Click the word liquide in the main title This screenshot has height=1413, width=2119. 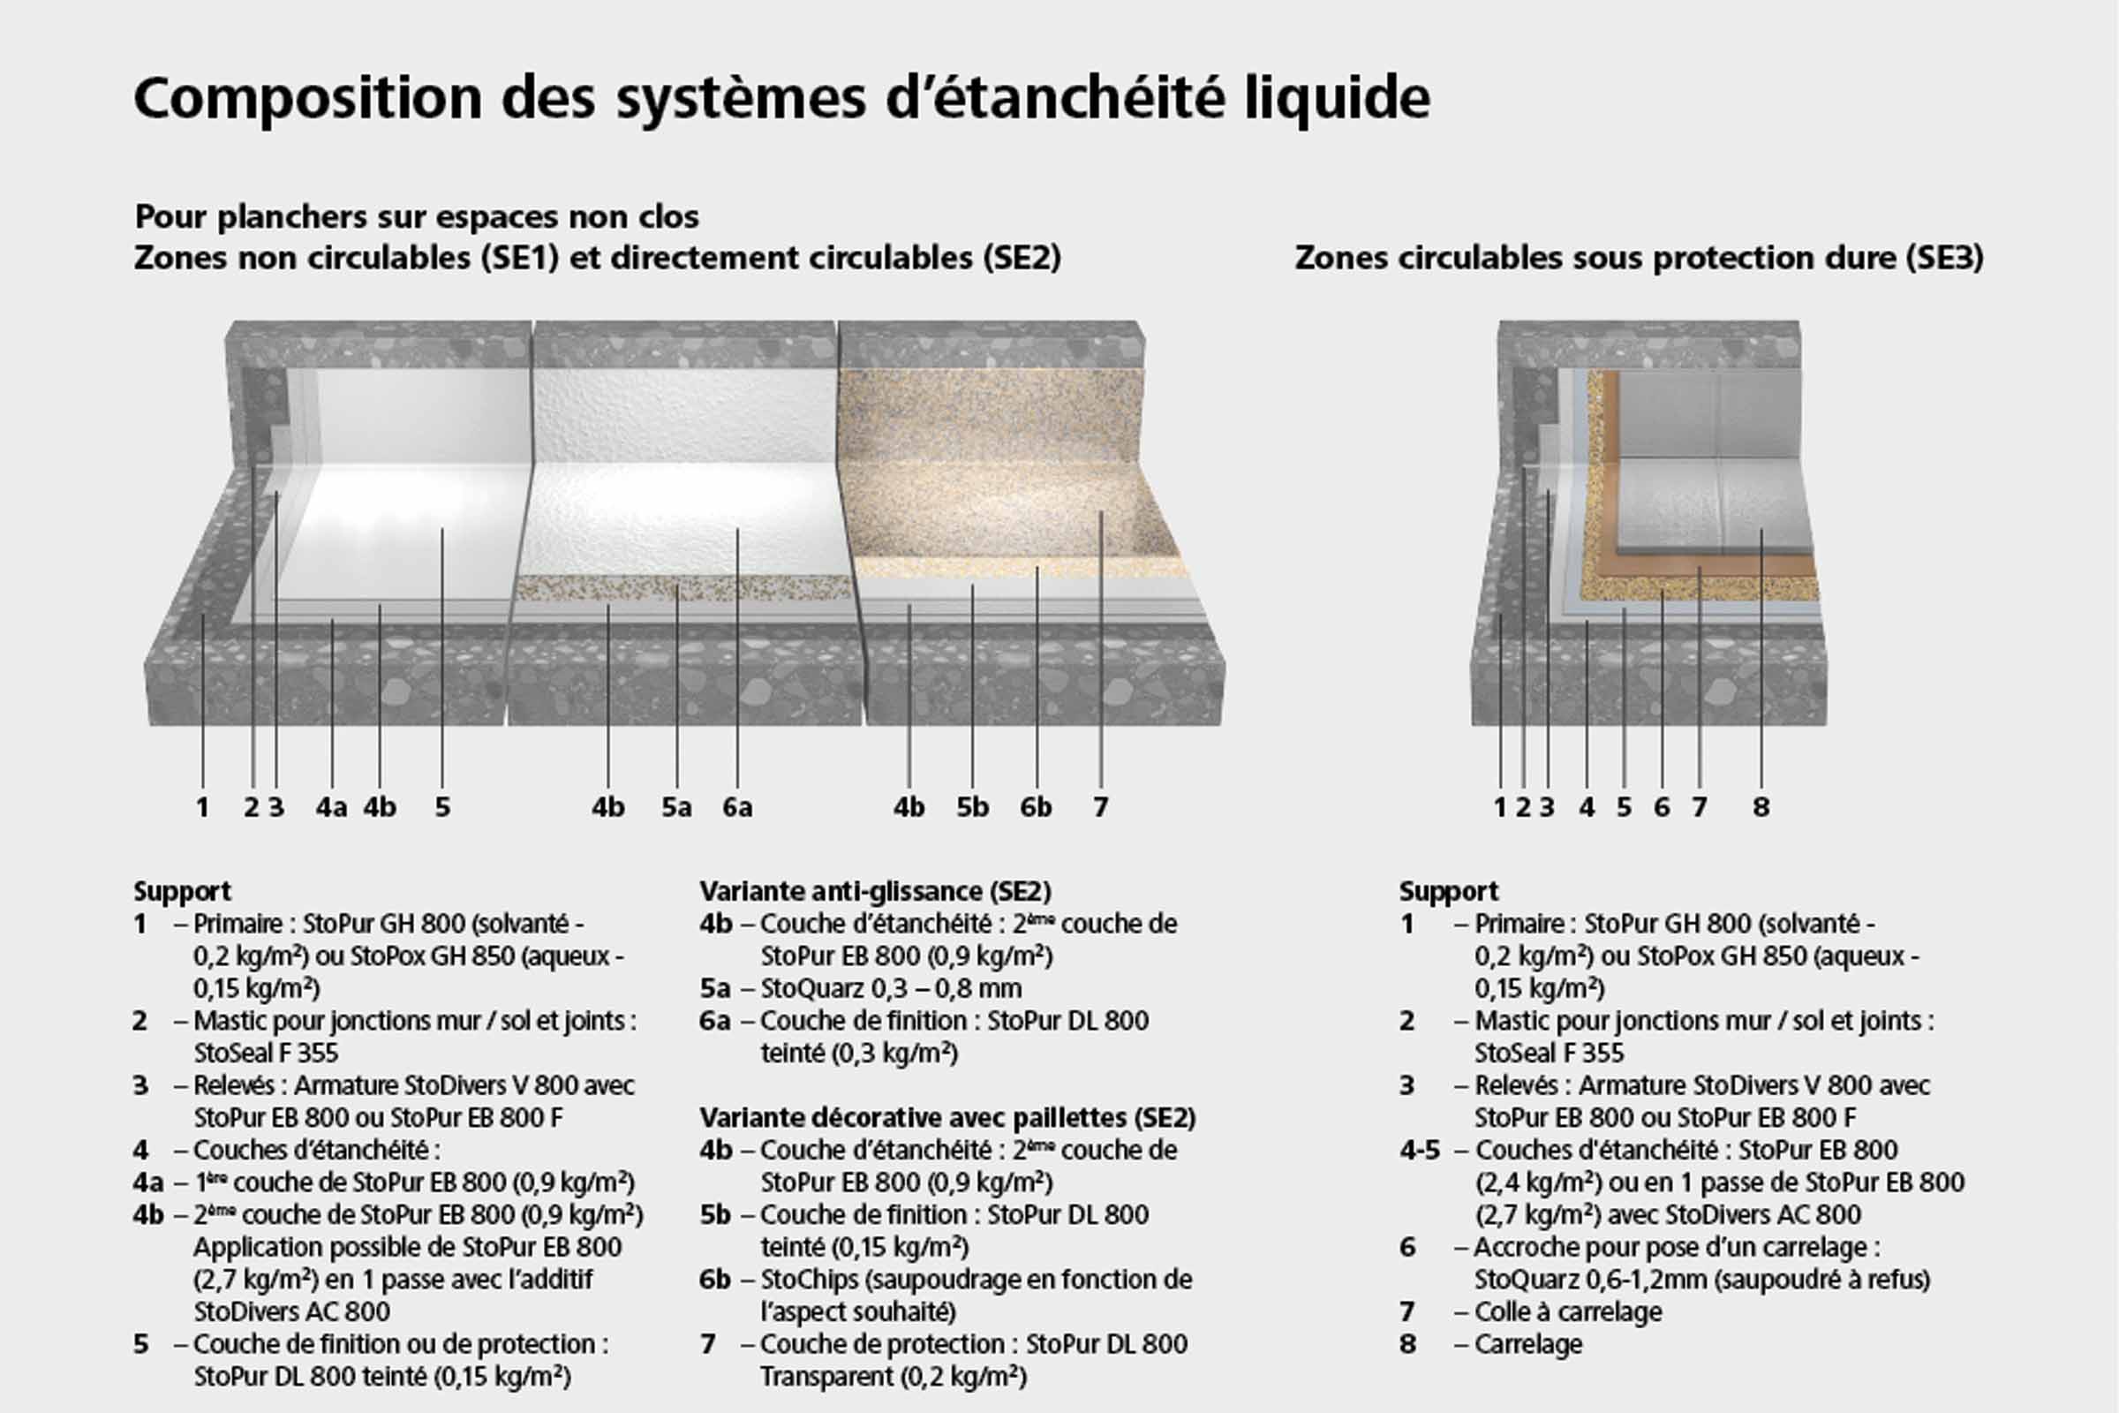point(1337,97)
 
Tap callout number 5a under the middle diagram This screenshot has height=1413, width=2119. point(675,806)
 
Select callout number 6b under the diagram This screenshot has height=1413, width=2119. point(1035,806)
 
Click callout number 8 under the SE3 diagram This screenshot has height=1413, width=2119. point(1761,806)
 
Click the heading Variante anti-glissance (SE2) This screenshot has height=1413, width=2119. point(875,891)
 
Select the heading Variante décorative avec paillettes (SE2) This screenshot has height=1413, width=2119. point(946,1117)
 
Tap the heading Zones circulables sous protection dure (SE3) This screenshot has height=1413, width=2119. point(1639,258)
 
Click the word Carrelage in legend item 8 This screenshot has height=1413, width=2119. point(1528,1343)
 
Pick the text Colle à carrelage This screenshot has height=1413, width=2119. point(1568,1311)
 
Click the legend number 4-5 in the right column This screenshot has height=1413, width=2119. point(1420,1150)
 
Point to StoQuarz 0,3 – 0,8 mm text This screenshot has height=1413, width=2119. point(890,988)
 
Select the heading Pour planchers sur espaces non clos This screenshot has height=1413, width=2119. point(416,216)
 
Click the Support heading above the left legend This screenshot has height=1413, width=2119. point(182,891)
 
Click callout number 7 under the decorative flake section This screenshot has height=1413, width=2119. point(1100,806)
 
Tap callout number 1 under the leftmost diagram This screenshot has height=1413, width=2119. point(203,806)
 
